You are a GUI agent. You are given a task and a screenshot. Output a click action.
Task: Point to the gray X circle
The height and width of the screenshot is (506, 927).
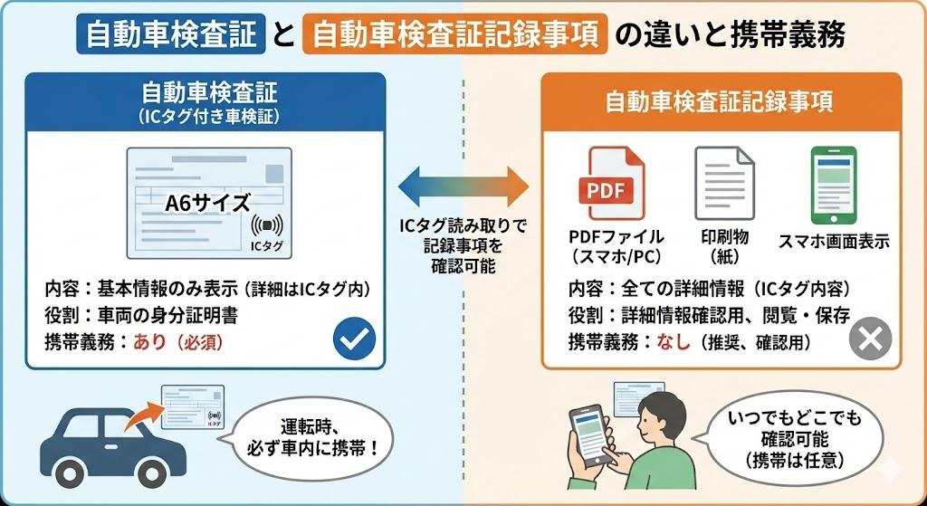coord(870,339)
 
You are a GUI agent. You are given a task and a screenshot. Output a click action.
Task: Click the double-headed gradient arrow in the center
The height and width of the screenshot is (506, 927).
coord(463,186)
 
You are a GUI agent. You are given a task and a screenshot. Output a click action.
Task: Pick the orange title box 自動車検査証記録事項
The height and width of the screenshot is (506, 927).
coord(453,35)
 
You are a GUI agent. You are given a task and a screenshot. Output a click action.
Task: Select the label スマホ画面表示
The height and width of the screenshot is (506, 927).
coord(834,242)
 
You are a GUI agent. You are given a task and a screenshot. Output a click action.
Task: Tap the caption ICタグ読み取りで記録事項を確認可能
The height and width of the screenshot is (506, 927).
coord(463,246)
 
